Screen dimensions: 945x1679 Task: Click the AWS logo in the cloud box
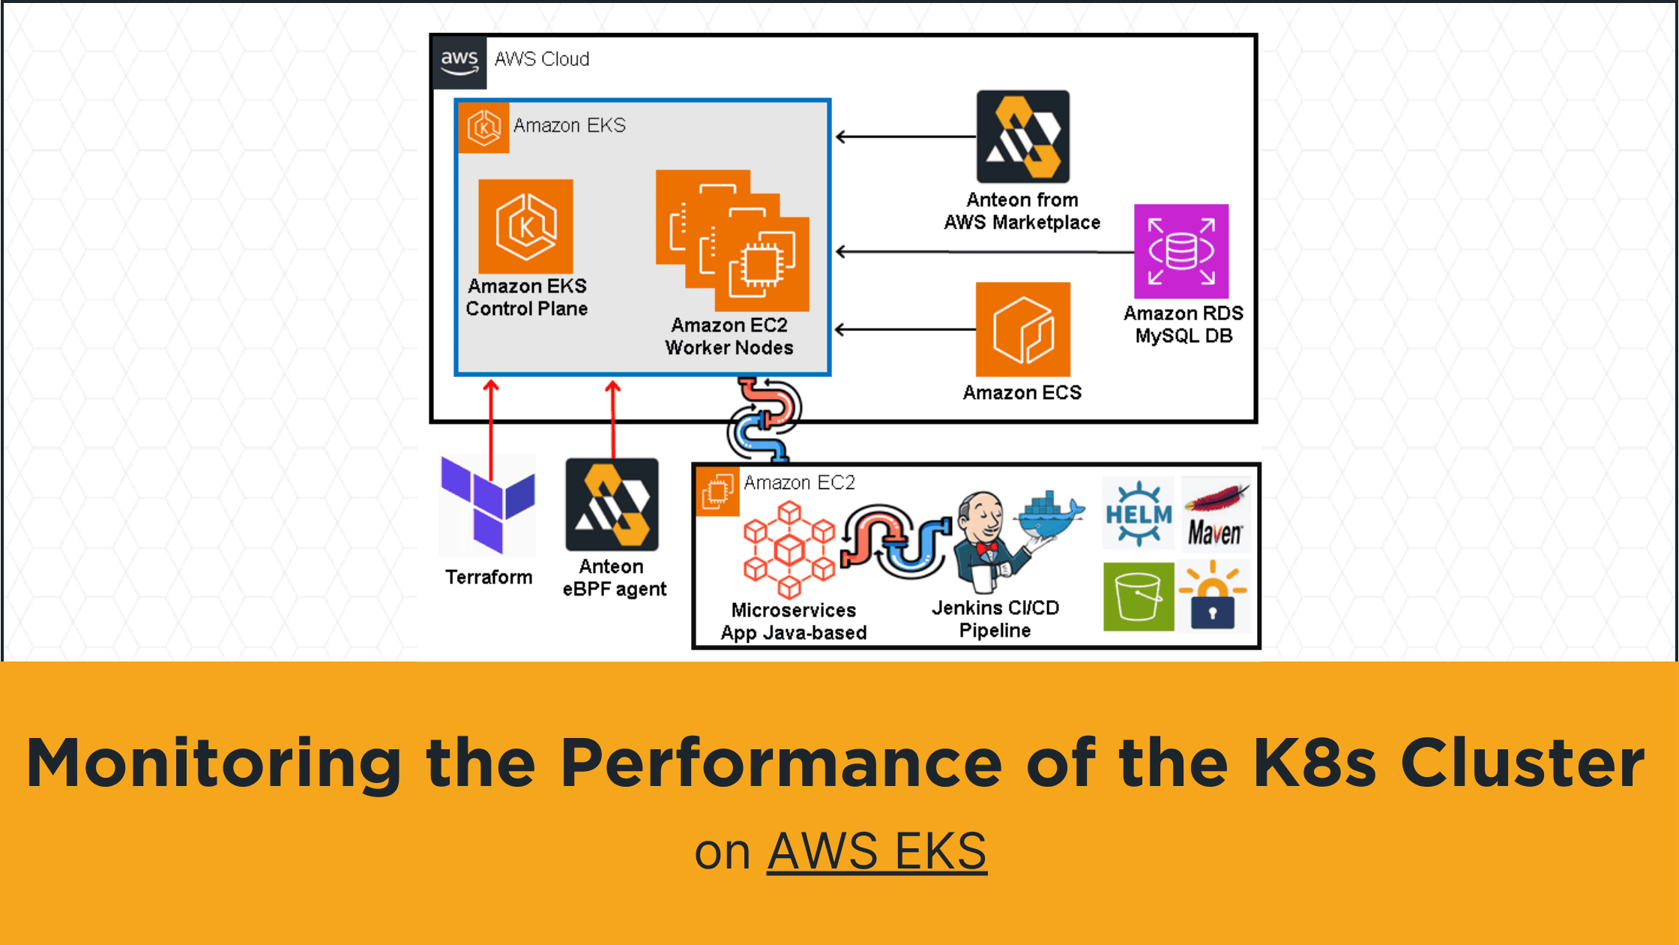coord(459,62)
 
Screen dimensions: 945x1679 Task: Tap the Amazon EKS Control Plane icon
coord(525,226)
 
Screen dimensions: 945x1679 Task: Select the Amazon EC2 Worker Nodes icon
coord(732,241)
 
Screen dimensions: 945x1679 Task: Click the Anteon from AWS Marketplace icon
coord(1022,136)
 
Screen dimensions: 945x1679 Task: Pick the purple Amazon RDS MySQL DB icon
coord(1181,251)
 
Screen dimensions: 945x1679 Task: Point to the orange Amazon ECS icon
coord(1022,329)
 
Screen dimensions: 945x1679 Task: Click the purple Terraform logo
coord(488,504)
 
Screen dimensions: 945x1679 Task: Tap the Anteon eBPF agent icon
coord(612,505)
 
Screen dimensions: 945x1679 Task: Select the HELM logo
coord(1139,514)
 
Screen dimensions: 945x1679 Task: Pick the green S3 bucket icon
coord(1139,596)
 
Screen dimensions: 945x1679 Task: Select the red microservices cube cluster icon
coord(789,550)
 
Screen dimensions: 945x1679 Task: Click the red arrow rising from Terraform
coord(491,427)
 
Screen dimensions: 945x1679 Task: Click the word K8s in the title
coord(1314,763)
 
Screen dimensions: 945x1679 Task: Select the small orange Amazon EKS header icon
coord(483,127)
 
